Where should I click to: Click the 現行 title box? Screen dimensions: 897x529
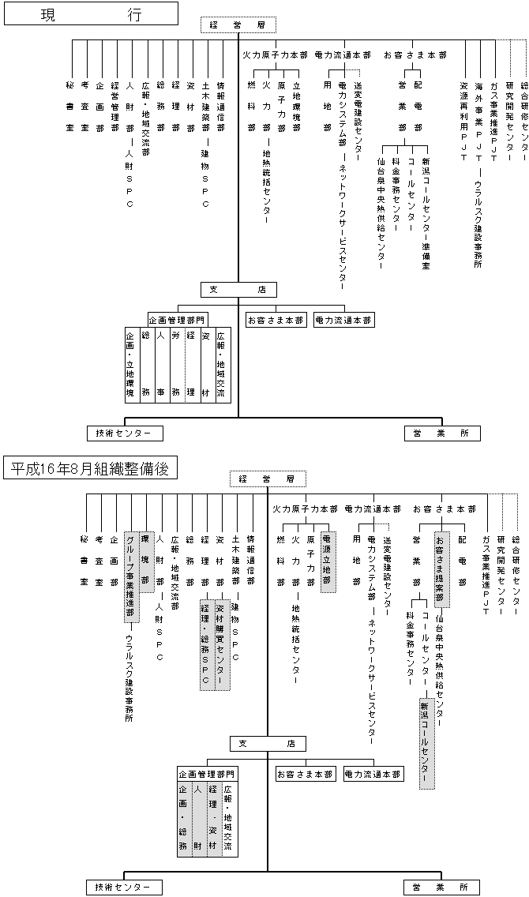coord(90,15)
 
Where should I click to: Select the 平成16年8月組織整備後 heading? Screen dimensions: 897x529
coord(90,468)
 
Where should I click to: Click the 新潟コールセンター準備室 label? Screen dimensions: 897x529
coord(426,212)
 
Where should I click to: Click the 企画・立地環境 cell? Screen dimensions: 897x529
coord(130,364)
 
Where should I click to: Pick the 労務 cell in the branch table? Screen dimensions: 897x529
coord(175,364)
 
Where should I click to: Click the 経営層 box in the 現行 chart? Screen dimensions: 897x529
coord(238,26)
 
